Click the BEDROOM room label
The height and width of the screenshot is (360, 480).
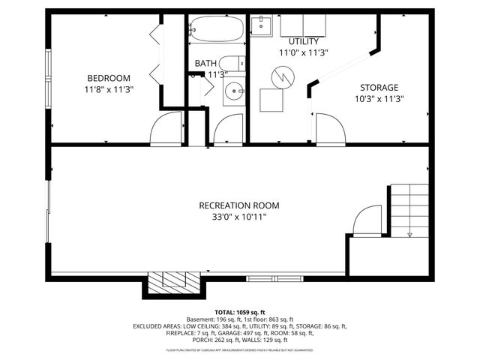point(109,78)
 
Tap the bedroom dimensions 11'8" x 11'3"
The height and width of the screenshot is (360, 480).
point(109,88)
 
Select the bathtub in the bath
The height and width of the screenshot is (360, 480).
point(215,30)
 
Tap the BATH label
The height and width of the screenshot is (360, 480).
point(205,64)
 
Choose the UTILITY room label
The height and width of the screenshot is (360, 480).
point(304,41)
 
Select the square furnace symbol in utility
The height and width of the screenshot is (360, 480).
point(271,100)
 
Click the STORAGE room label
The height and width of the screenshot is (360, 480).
point(378,88)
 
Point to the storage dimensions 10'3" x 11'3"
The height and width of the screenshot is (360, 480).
point(378,98)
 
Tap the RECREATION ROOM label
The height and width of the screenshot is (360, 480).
point(238,205)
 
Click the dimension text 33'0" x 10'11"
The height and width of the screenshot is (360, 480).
point(238,217)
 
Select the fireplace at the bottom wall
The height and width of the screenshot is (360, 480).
point(174,280)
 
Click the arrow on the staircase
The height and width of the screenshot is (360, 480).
point(409,232)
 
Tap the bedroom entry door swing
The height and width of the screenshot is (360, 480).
point(166,129)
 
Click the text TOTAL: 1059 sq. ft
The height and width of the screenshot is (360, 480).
point(240,312)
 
